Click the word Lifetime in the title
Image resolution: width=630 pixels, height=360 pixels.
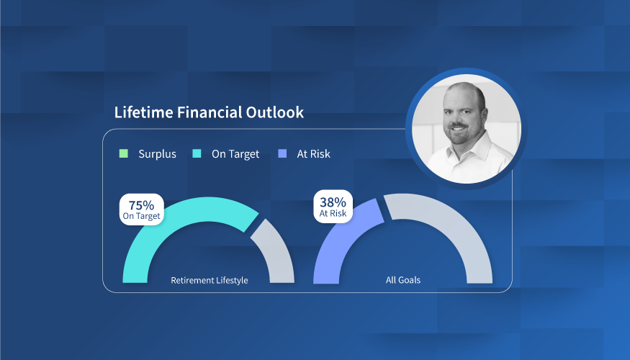pyautogui.click(x=143, y=112)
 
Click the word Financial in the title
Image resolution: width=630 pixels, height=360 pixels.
pyautogui.click(x=209, y=112)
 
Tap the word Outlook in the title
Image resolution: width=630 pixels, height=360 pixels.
pyautogui.click(x=275, y=112)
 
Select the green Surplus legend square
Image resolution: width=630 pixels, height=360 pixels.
pyautogui.click(x=124, y=153)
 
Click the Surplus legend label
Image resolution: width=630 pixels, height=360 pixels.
pyautogui.click(x=157, y=154)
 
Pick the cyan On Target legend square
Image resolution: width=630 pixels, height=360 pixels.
pyautogui.click(x=197, y=153)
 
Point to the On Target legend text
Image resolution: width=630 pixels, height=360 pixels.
pyautogui.click(x=235, y=154)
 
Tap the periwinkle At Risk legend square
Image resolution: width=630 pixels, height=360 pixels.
pyautogui.click(x=282, y=153)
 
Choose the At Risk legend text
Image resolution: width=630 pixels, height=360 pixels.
pyautogui.click(x=313, y=154)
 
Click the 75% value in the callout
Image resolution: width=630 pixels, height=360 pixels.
pyautogui.click(x=141, y=205)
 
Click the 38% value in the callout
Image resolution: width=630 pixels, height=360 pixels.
pyautogui.click(x=333, y=202)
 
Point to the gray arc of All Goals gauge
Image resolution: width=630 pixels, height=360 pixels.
pyautogui.click(x=462, y=229)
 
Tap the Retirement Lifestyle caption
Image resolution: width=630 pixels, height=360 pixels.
pyautogui.click(x=210, y=281)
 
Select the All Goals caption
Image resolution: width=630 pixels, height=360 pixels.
pyautogui.click(x=403, y=280)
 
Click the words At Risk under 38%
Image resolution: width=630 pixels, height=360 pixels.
pyautogui.click(x=333, y=213)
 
